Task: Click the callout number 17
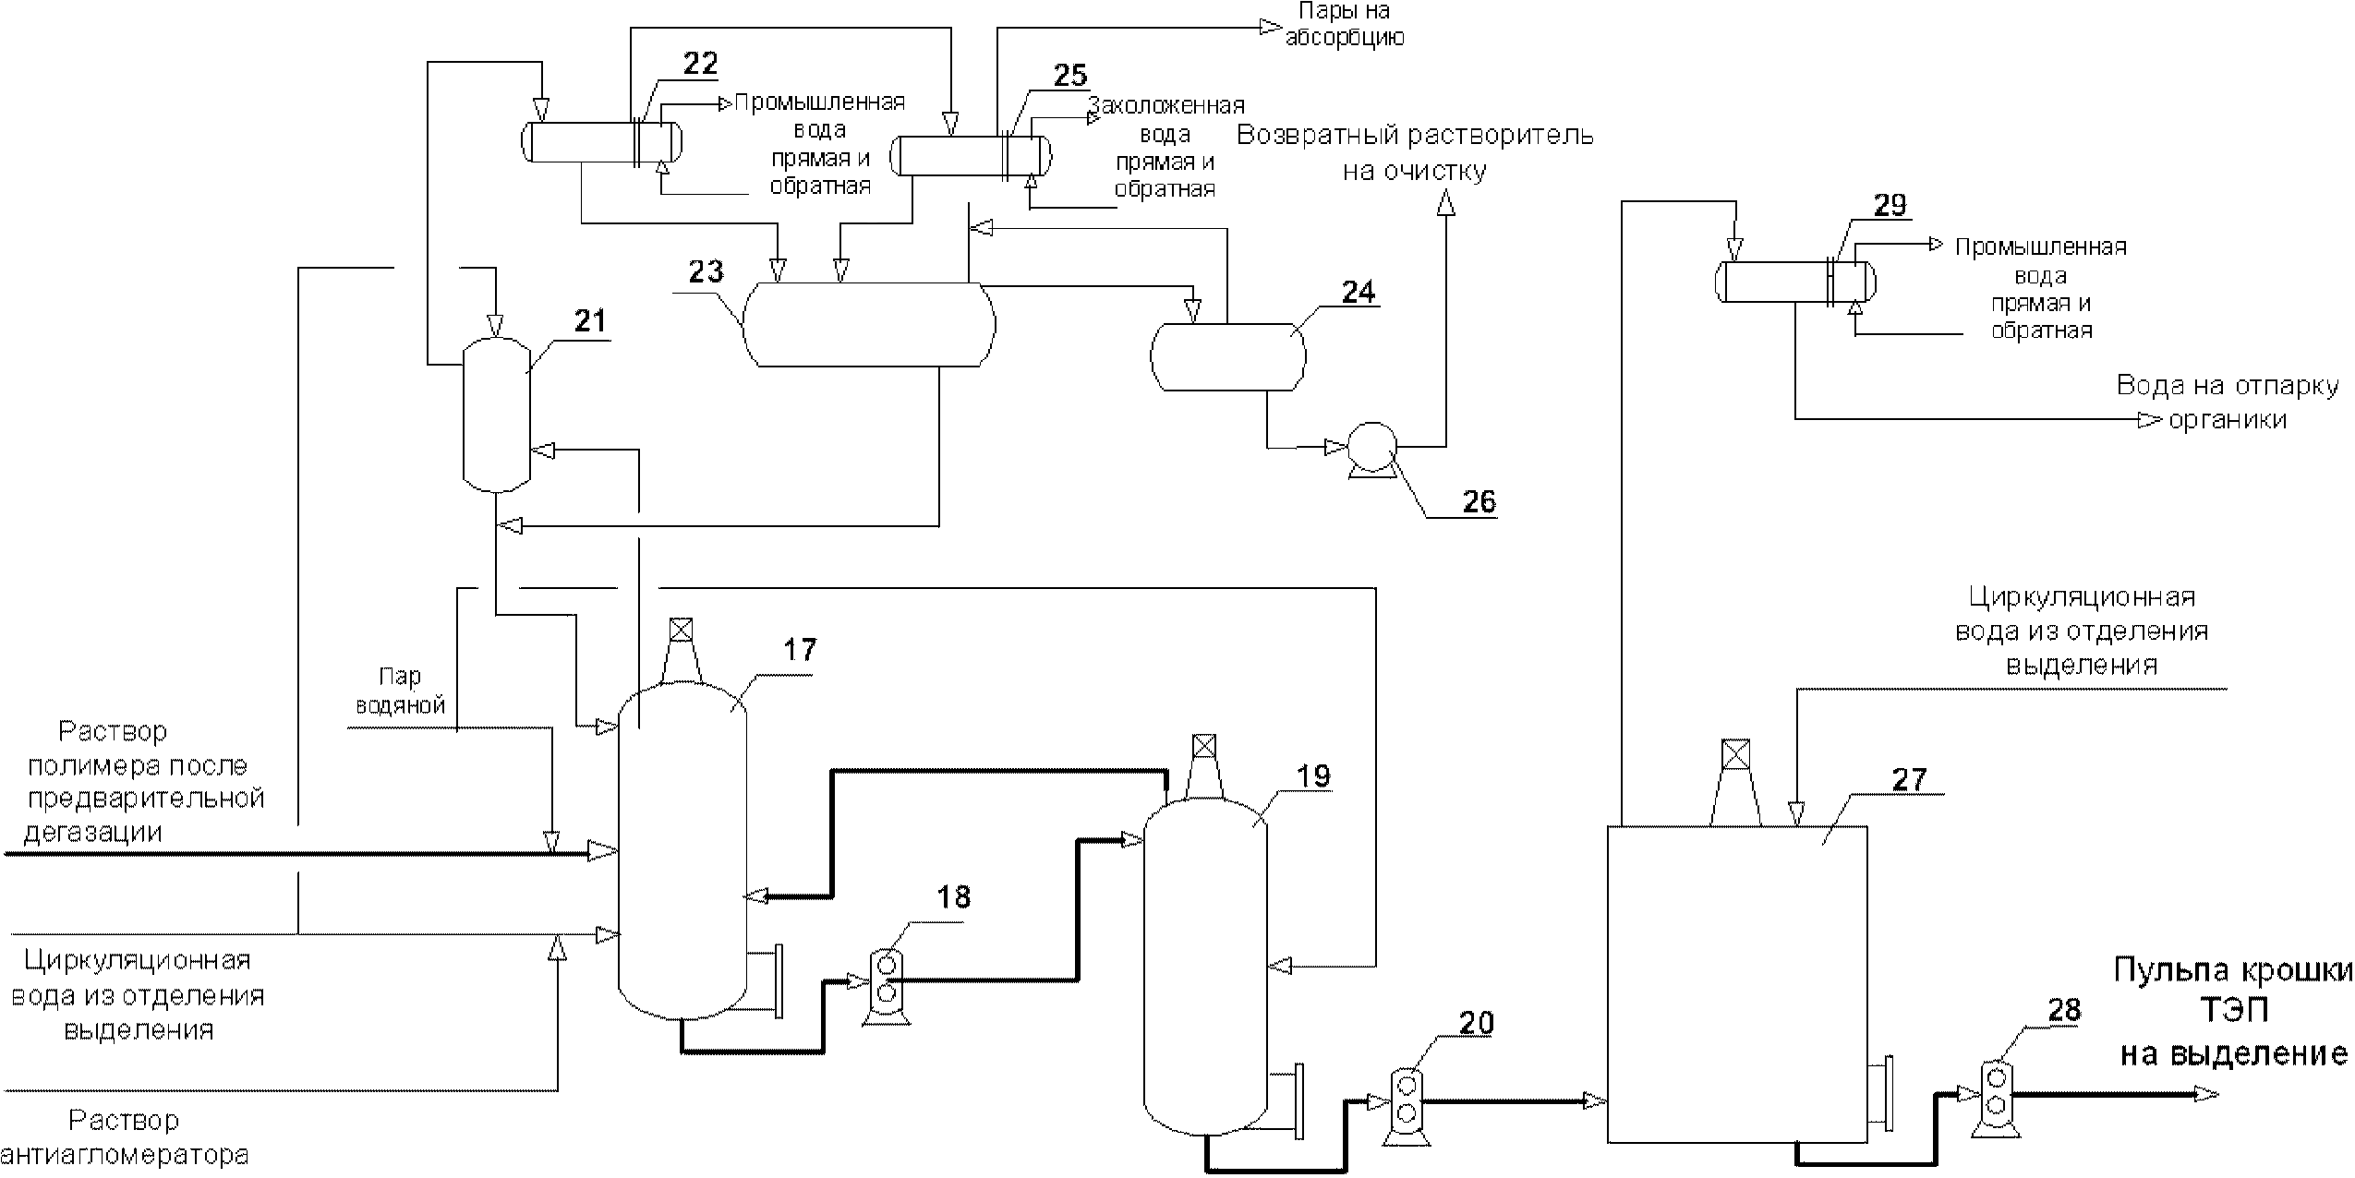800,650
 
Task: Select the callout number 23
706,271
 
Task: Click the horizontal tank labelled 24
1227,356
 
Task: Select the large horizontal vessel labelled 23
869,324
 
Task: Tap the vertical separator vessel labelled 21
496,414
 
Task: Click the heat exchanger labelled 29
1794,282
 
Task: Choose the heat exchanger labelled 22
601,142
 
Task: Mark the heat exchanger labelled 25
970,155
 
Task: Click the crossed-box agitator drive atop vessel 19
1203,746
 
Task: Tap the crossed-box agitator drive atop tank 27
1736,753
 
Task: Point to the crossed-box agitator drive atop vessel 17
681,631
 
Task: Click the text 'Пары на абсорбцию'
1345,25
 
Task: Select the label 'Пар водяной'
401,691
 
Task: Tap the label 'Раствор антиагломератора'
125,1137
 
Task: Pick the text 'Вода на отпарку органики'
2228,403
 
